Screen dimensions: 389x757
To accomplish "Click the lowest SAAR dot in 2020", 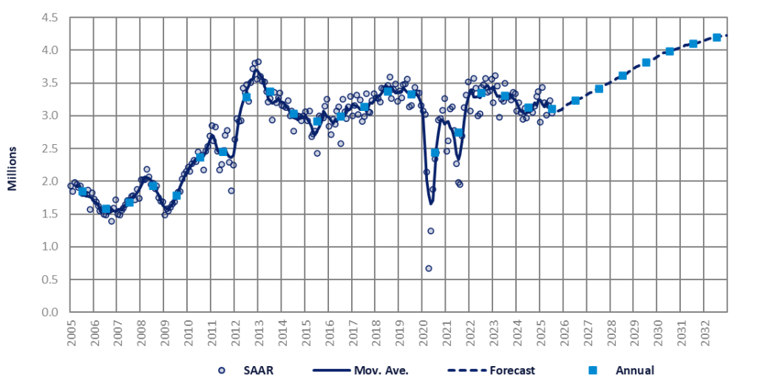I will (428, 268).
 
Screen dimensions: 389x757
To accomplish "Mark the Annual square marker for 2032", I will (716, 37).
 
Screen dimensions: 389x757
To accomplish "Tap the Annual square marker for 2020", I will (435, 153).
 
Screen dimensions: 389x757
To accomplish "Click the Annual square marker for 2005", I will (83, 192).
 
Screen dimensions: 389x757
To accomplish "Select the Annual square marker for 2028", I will (622, 75).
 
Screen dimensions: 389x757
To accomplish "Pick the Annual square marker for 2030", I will (670, 51).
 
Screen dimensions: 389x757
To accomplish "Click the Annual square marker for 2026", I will (575, 101).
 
